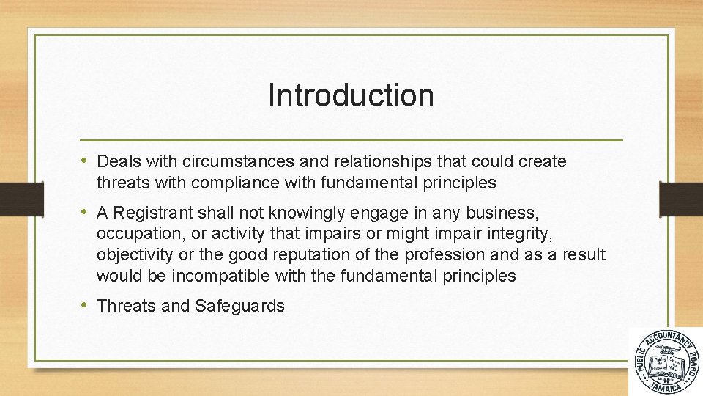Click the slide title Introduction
(351, 95)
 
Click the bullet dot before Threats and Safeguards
(86, 306)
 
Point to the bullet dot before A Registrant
(86, 213)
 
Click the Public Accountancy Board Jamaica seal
(666, 362)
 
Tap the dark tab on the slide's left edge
(12, 198)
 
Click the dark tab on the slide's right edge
(682, 198)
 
